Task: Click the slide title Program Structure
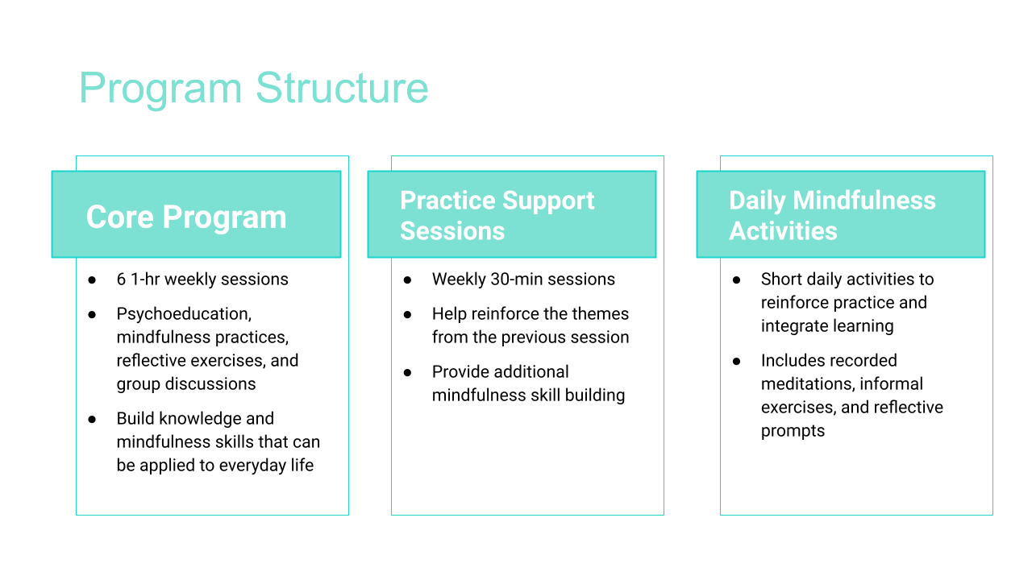pos(254,89)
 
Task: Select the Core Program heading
pos(186,217)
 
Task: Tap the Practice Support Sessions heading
pos(497,215)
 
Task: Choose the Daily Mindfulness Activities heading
pos(832,215)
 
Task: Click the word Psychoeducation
pos(184,314)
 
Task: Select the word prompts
pos(793,431)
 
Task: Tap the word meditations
pos(807,384)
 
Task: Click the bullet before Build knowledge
pos(92,420)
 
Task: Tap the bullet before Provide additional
pos(407,372)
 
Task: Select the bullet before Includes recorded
pos(736,361)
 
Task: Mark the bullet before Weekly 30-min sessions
pos(407,280)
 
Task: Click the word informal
pos(891,384)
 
